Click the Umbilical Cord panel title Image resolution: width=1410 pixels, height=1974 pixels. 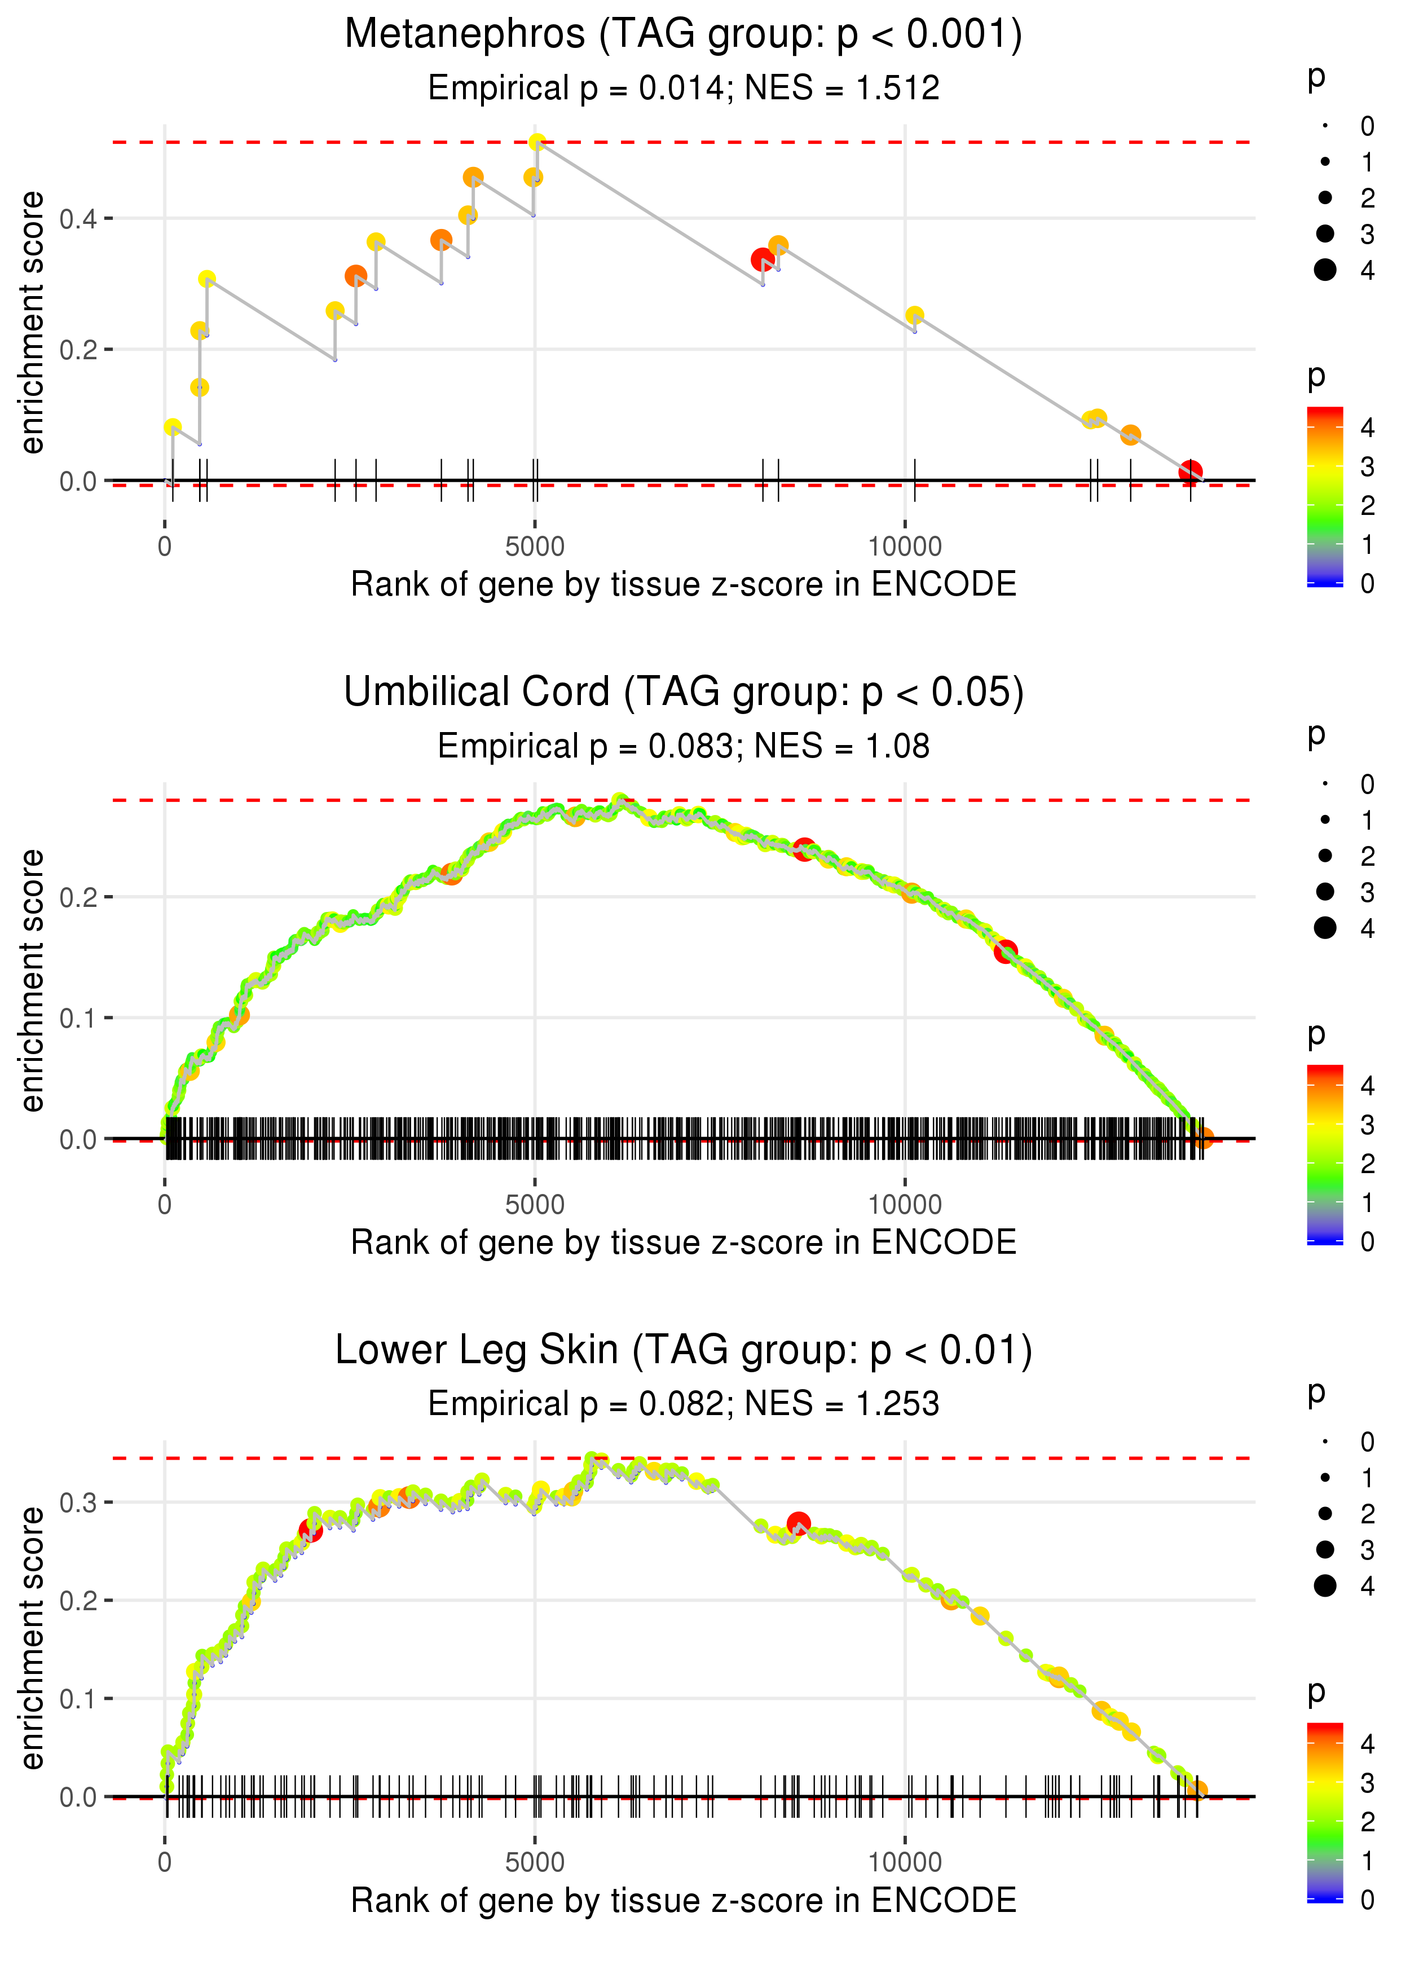click(684, 693)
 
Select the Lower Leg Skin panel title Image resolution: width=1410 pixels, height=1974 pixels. click(684, 1351)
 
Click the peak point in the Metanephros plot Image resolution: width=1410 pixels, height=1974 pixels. click(537, 142)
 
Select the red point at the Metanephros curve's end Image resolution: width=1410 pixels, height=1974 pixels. click(1191, 472)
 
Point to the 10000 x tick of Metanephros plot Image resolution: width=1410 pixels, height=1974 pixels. click(905, 547)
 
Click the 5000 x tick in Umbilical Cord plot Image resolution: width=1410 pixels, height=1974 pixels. click(535, 1205)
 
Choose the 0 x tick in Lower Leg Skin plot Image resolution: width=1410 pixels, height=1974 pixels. click(165, 1863)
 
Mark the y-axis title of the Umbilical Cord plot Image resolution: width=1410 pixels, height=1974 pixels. click(32, 981)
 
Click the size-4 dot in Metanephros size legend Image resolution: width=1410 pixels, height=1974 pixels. click(1325, 270)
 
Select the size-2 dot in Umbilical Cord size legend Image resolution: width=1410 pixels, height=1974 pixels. click(1325, 856)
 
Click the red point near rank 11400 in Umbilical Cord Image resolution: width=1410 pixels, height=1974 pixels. click(1006, 951)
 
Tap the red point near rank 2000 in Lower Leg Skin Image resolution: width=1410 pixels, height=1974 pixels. click(310, 1531)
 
